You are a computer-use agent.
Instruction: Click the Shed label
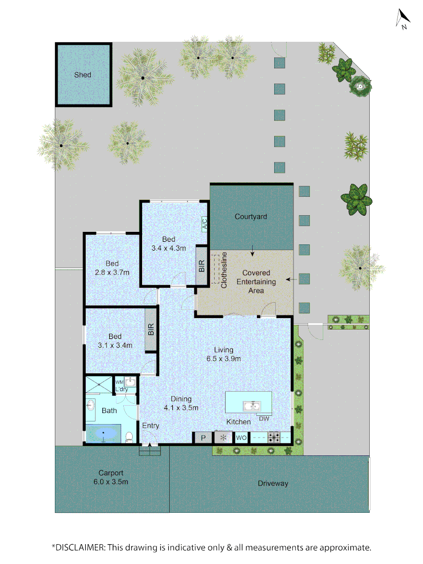[x=83, y=75]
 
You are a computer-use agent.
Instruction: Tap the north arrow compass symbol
[x=403, y=19]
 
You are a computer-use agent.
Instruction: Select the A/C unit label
[x=204, y=224]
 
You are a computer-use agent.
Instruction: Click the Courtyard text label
[x=251, y=216]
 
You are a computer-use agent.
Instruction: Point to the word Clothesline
[x=224, y=270]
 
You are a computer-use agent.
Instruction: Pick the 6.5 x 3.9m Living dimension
[x=224, y=359]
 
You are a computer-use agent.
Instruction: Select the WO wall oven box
[x=241, y=438]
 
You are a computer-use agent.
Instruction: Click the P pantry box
[x=203, y=438]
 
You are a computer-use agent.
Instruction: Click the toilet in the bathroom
[x=130, y=437]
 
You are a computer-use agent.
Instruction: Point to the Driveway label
[x=273, y=483]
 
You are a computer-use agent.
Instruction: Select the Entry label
[x=150, y=426]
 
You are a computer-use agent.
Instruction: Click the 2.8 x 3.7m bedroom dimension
[x=112, y=272]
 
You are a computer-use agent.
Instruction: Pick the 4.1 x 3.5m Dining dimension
[x=181, y=408]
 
